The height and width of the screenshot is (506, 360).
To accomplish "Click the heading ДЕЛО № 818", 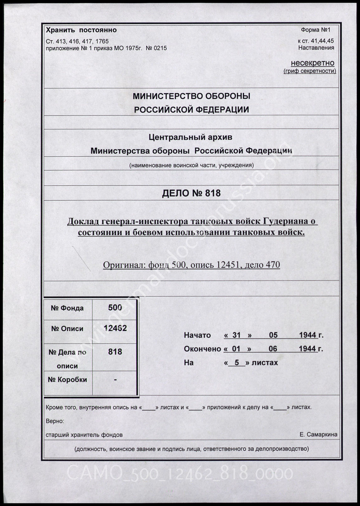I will [x=191, y=193].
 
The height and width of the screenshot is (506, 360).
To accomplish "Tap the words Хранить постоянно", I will [x=81, y=30].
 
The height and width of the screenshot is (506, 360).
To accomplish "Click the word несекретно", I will [x=312, y=63].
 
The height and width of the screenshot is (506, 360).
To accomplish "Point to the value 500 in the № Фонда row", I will [x=115, y=307].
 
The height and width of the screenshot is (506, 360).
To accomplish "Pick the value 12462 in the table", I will [x=115, y=328].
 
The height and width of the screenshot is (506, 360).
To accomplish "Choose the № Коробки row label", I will [x=67, y=380].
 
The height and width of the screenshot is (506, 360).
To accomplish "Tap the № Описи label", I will [x=67, y=329].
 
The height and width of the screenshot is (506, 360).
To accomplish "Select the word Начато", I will [x=197, y=335].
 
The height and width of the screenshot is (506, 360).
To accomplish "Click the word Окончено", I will [x=203, y=349].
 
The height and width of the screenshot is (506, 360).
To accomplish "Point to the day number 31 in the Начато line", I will [x=236, y=335].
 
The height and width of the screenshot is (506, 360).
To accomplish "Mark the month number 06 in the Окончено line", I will [x=273, y=349].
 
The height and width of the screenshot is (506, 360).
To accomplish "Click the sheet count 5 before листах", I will [x=237, y=363].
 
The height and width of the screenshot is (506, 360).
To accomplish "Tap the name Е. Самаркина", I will [x=318, y=435].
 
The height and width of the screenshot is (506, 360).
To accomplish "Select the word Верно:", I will [x=55, y=421].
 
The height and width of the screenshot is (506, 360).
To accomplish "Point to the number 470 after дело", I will [x=273, y=265].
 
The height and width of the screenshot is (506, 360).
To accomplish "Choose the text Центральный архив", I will [x=190, y=137].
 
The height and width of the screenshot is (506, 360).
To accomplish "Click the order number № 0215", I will [x=156, y=48].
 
